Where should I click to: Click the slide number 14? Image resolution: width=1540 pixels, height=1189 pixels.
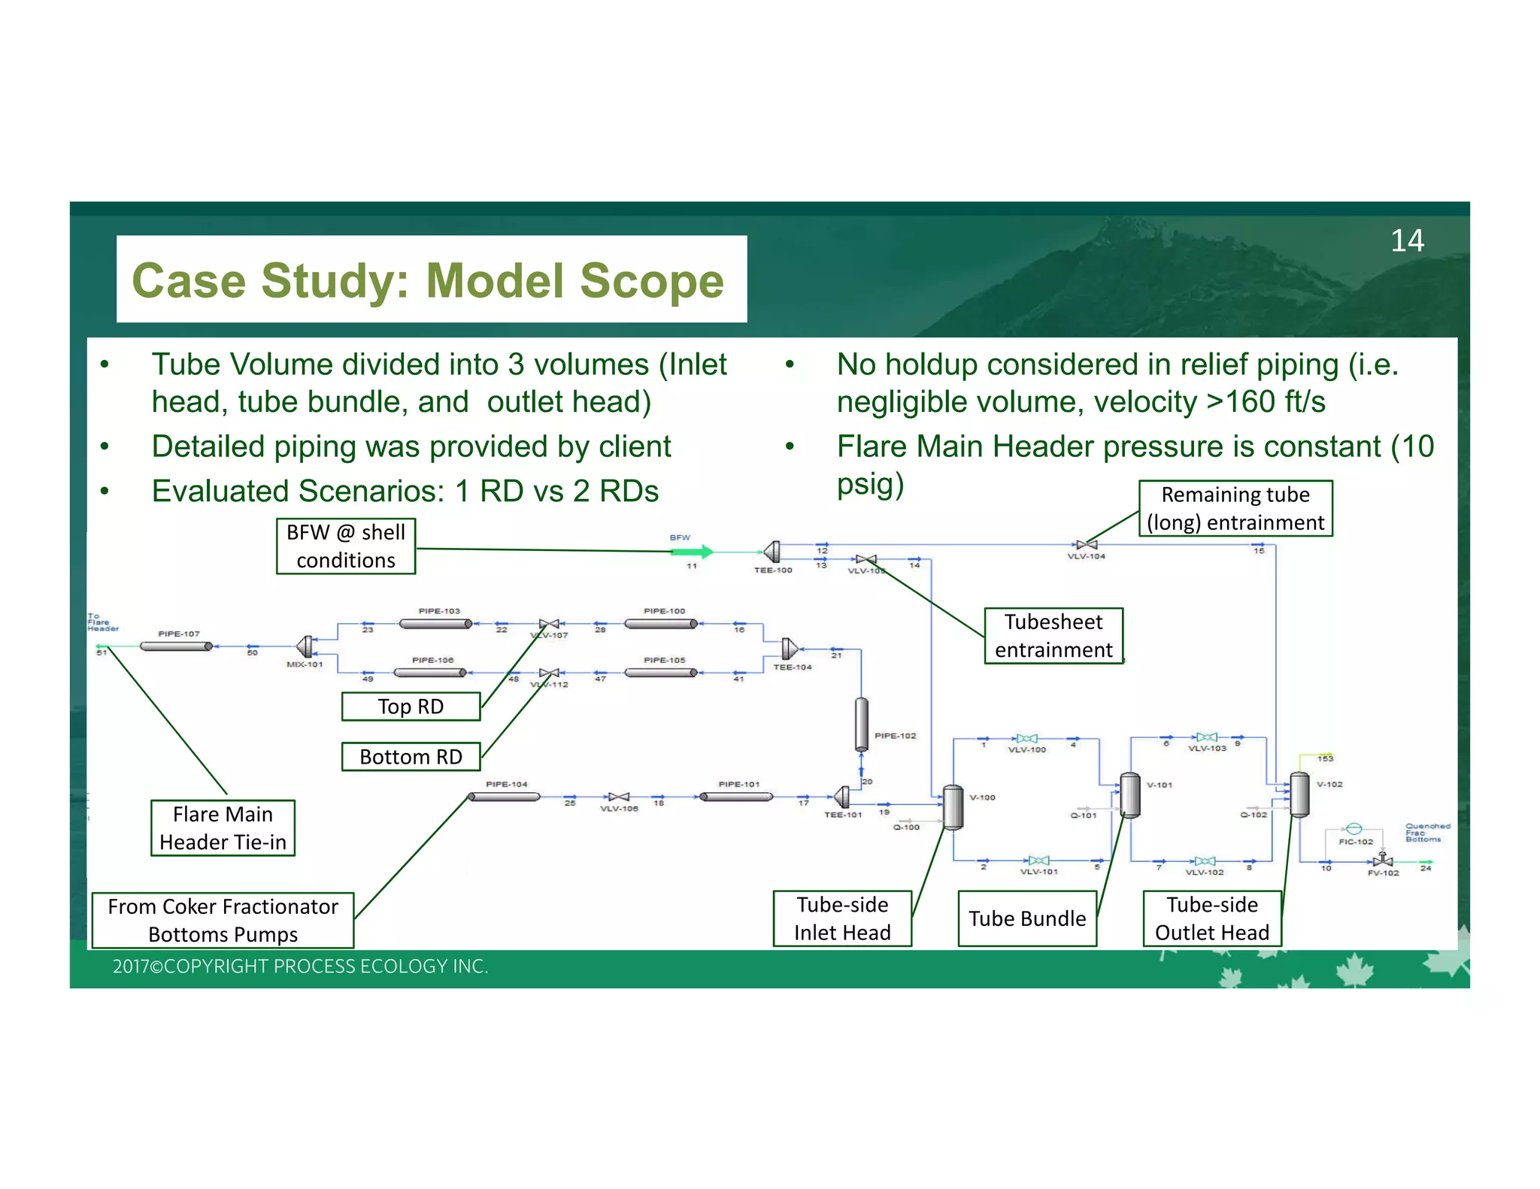1406,241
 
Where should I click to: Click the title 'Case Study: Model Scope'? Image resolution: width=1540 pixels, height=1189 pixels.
428,280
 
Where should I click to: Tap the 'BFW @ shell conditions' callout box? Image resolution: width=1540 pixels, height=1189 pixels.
346,546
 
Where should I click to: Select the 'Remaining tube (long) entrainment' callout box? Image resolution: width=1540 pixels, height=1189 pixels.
1235,509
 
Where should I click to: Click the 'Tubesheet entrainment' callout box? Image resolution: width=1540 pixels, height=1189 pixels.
1053,636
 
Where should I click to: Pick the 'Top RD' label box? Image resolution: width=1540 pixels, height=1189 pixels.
411,706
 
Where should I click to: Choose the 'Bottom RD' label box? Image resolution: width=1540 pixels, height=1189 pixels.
411,757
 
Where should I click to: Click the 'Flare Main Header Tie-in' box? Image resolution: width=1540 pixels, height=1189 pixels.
223,828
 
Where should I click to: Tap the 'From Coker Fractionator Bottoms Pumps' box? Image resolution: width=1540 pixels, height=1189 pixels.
223,921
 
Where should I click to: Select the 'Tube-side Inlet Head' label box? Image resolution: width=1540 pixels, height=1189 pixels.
842,918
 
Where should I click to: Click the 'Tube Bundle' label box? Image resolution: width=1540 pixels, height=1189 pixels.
1027,918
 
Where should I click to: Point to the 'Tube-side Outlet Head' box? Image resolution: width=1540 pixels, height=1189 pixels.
1211,918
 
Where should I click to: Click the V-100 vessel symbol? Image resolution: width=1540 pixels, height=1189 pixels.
953,806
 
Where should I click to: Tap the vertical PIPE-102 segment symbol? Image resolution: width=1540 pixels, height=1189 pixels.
862,724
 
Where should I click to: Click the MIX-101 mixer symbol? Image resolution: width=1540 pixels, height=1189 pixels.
305,646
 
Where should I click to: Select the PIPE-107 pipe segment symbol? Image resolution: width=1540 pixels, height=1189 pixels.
177,646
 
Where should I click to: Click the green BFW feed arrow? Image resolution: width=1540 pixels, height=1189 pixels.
691,552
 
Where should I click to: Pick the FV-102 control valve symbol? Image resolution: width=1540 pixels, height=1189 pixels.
1382,861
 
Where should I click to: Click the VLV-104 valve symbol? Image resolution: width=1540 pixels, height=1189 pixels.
1086,545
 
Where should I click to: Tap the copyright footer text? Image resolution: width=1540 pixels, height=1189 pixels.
300,967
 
